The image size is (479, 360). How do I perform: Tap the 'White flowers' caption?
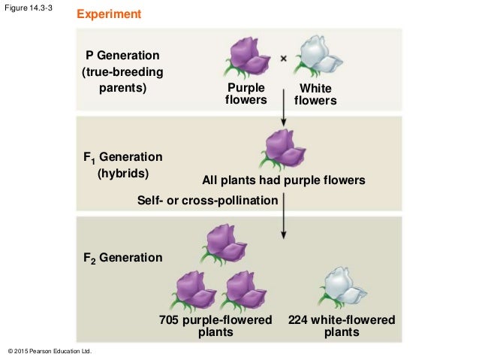click(x=315, y=95)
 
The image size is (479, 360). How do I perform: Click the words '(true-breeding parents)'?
click(x=122, y=80)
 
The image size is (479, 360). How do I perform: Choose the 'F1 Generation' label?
click(x=122, y=157)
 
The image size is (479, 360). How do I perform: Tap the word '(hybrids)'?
click(x=122, y=174)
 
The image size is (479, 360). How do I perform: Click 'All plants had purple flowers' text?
click(x=283, y=180)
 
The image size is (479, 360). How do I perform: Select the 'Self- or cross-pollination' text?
click(x=208, y=200)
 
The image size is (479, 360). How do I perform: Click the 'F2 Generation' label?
click(x=122, y=258)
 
